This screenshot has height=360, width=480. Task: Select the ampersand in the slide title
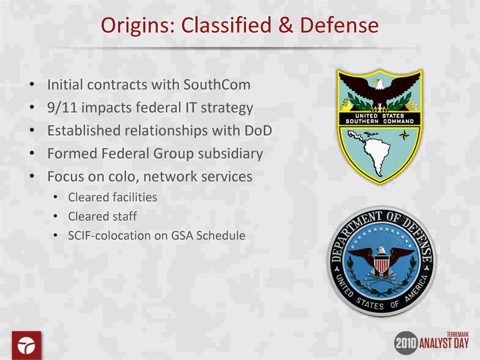(285, 25)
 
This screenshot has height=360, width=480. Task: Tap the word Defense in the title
(339, 25)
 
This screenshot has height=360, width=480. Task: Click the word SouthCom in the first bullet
(217, 85)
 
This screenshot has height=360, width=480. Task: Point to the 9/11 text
(62, 108)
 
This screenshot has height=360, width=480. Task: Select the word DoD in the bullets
(258, 131)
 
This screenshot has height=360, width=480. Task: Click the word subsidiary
(230, 154)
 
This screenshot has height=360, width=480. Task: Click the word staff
(124, 217)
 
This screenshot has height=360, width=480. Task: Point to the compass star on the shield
(405, 135)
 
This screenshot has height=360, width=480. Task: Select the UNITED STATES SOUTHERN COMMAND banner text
(379, 119)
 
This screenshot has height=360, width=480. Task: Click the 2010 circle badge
(406, 343)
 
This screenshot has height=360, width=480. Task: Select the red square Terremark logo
(27, 345)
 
